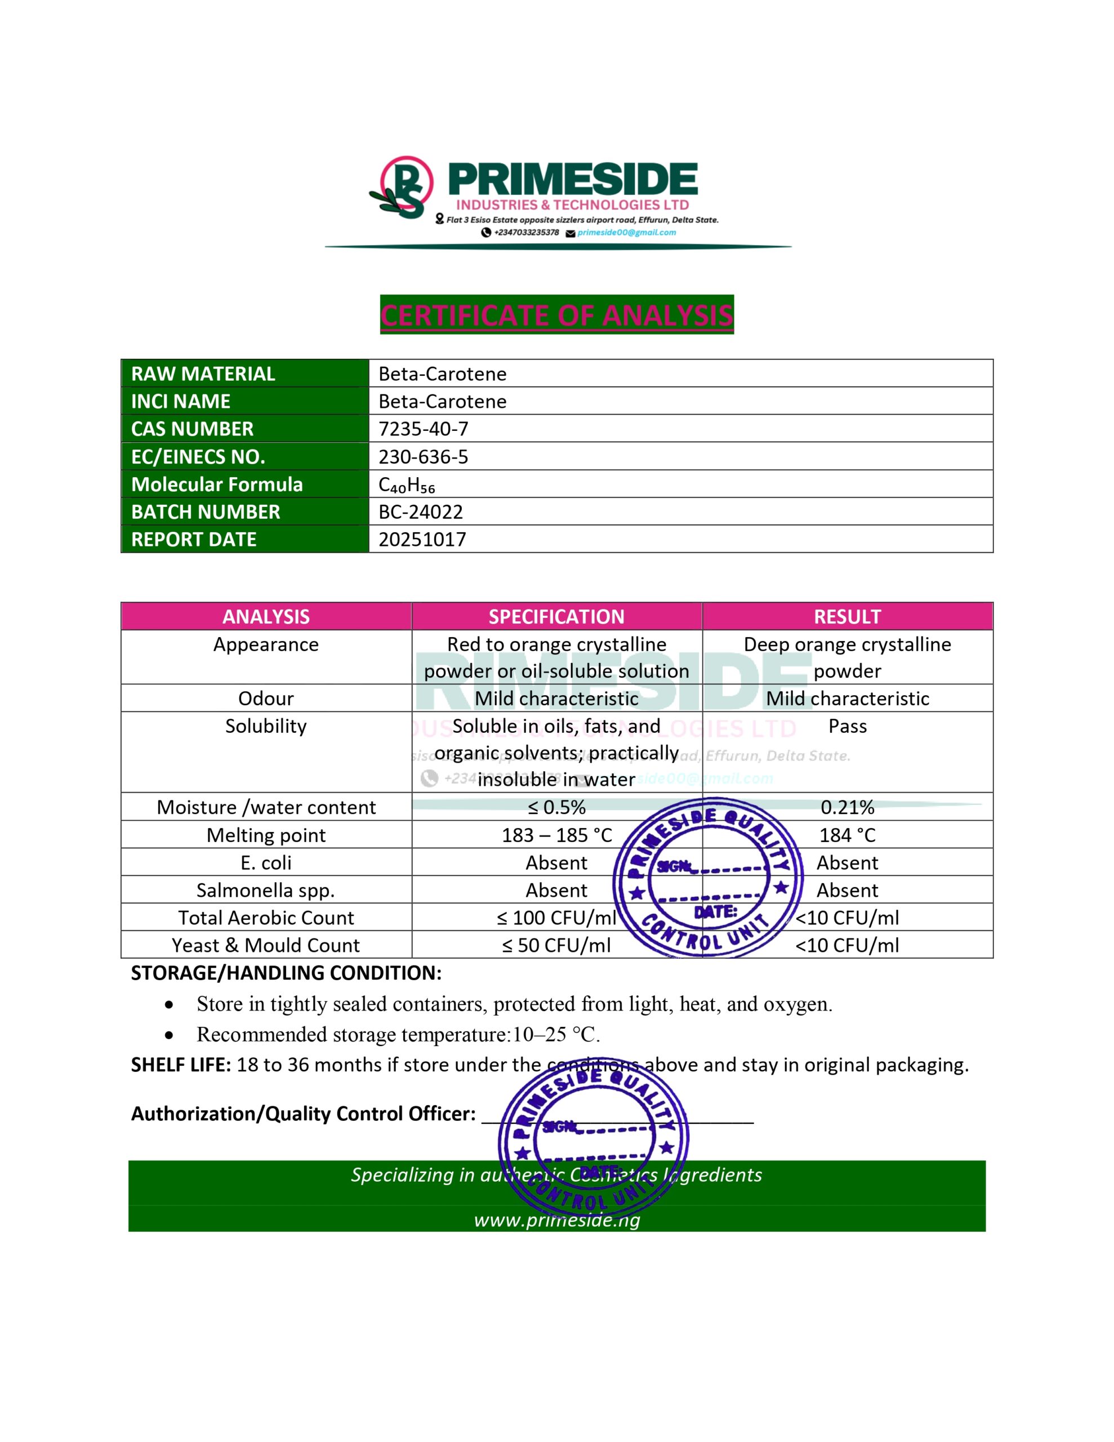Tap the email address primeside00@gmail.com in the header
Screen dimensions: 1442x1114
626,233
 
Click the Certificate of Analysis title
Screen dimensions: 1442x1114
556,315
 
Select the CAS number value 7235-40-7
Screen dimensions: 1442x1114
424,429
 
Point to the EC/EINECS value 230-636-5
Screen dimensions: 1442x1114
424,456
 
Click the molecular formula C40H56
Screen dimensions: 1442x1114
407,484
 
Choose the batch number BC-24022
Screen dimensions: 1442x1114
421,511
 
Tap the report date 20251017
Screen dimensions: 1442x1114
422,540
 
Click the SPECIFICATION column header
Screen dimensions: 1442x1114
556,617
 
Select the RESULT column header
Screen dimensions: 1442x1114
847,617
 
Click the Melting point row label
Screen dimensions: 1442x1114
266,835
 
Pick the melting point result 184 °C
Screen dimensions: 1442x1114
847,835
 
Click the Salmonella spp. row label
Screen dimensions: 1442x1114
266,890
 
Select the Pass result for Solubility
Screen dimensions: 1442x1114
847,726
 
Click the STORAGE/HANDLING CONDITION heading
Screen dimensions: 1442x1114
286,973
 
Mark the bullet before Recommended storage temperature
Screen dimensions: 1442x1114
170,1035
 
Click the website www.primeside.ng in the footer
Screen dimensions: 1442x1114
556,1220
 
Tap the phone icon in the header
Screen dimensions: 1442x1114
486,233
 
